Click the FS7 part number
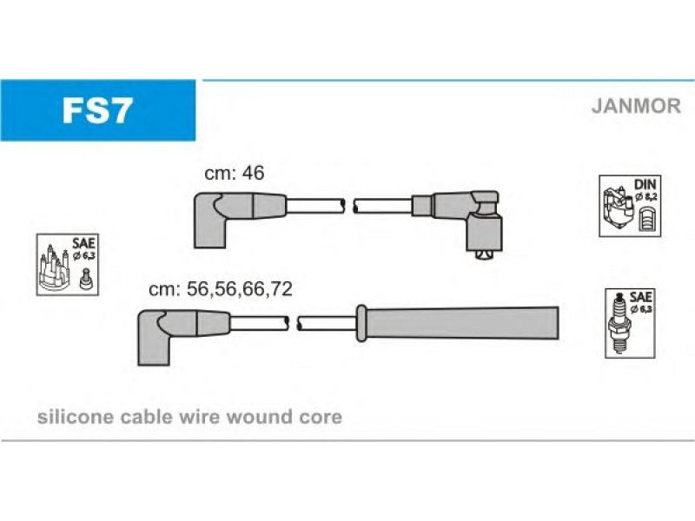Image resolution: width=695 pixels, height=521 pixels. coord(97,110)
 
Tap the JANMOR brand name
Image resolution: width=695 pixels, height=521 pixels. coord(636,106)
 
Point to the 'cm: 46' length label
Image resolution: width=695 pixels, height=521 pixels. coord(234,173)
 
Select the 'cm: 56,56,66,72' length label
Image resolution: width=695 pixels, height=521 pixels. coord(221,289)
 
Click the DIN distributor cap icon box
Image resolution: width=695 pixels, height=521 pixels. coord(630,206)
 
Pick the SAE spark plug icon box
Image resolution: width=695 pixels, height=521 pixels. coord(630,323)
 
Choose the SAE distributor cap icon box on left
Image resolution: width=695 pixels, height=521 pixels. coord(68,265)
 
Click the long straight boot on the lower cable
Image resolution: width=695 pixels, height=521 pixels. coord(458,323)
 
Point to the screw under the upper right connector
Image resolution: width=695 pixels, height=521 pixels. coord(484,254)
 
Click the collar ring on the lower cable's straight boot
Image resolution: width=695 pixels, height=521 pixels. coord(361,323)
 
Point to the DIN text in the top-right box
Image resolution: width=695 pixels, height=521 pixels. coord(645,184)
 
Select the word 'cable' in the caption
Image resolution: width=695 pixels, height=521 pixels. coord(146,417)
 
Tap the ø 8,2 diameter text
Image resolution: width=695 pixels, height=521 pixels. coord(645,197)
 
